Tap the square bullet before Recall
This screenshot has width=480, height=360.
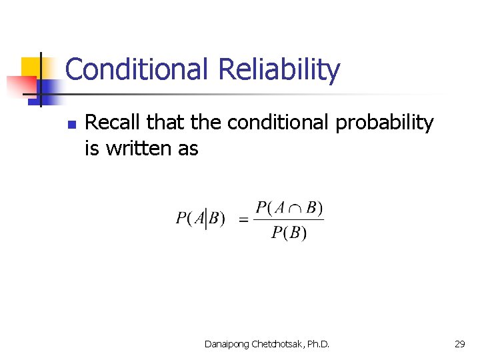click(72, 125)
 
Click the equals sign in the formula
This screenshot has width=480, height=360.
click(243, 219)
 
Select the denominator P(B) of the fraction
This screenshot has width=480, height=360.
click(289, 233)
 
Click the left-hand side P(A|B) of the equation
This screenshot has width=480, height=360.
click(201, 219)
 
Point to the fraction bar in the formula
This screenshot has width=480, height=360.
click(289, 219)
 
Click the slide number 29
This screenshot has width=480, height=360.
click(459, 344)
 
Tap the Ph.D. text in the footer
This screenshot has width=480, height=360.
click(316, 344)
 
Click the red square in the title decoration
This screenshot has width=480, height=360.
click(20, 85)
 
